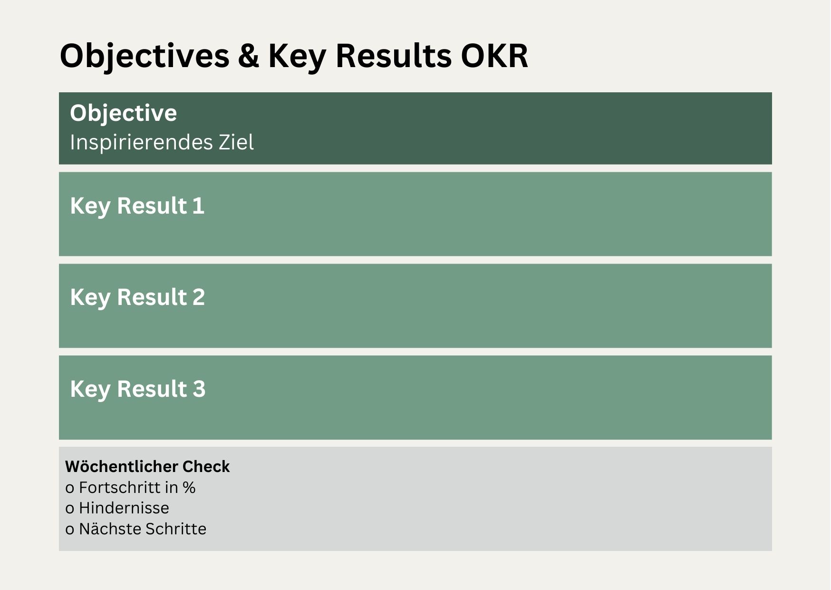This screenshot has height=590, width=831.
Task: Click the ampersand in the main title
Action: point(249,56)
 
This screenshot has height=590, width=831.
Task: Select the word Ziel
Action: point(236,142)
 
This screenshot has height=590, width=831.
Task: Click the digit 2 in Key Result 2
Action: point(199,297)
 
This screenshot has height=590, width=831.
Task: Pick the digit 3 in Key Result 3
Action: point(199,389)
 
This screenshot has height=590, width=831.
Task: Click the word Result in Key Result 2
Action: point(152,297)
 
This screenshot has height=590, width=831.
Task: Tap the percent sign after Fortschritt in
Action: point(189,488)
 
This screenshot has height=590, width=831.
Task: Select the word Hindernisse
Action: point(124,508)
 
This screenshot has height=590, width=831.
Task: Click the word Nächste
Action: point(109,529)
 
